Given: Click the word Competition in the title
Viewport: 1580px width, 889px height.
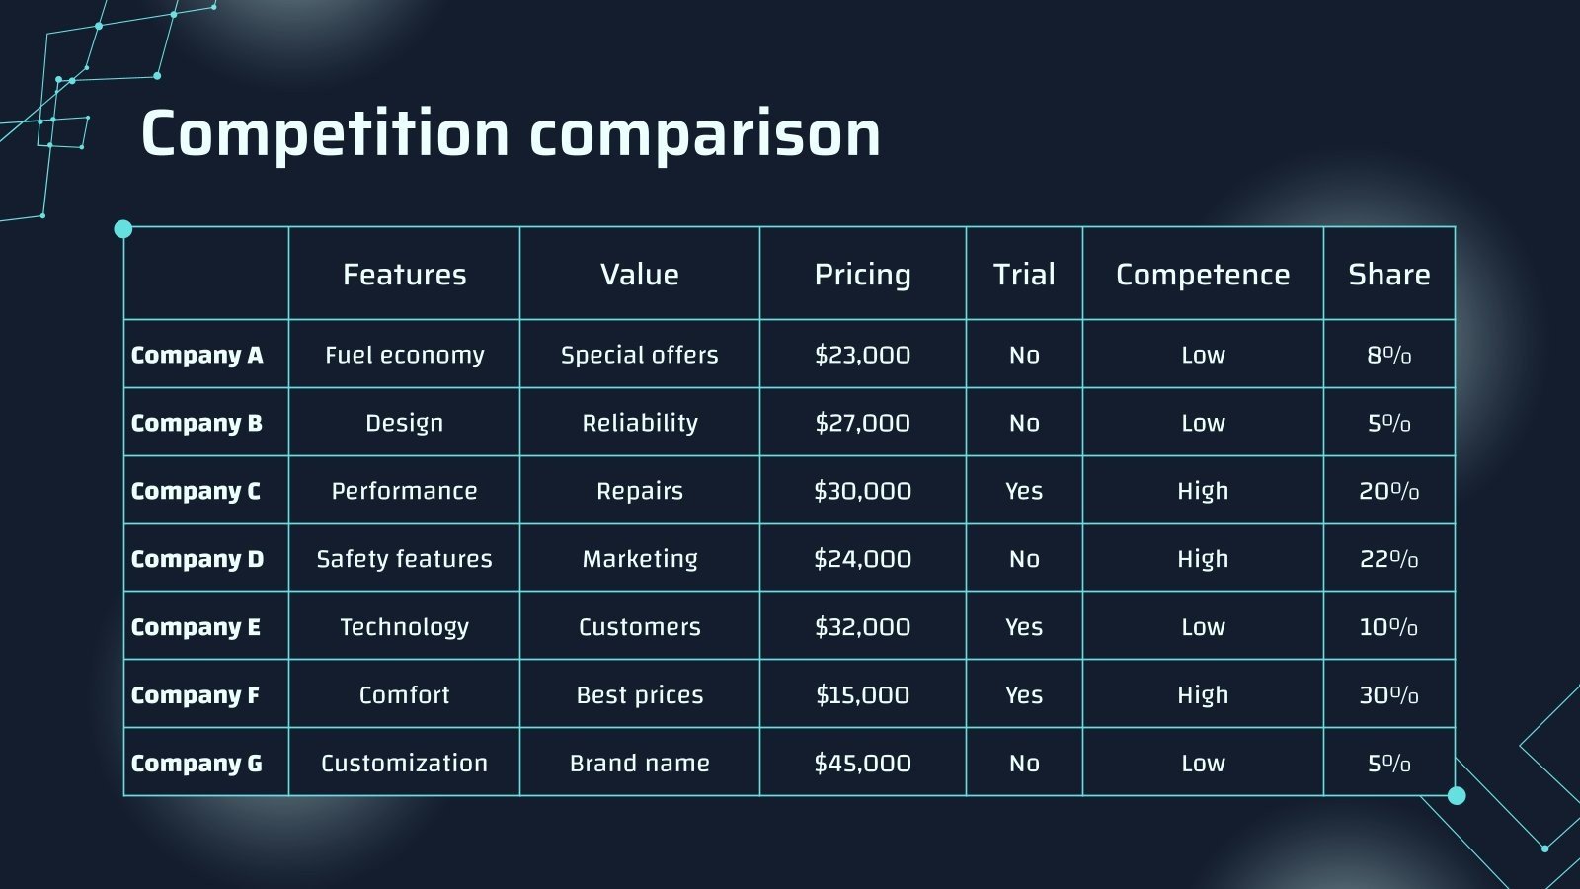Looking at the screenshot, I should pyautogui.click(x=326, y=134).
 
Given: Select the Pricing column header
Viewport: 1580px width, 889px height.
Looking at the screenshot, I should pyautogui.click(x=862, y=275).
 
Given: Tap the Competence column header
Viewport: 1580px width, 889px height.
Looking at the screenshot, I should pyautogui.click(x=1202, y=275).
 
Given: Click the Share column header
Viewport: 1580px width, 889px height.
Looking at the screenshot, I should pyautogui.click(x=1388, y=275).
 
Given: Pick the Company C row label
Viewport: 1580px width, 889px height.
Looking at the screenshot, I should pyautogui.click(x=196, y=491).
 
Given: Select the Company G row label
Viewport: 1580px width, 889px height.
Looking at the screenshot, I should pyautogui.click(x=197, y=764).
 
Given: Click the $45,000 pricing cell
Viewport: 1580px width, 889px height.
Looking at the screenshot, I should pyautogui.click(x=862, y=764).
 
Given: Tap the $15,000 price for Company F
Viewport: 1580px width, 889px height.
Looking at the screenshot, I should pyautogui.click(x=862, y=695).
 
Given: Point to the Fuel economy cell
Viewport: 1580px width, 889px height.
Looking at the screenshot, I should pyautogui.click(x=404, y=355).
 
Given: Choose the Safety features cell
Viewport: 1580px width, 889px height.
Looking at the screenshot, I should pyautogui.click(x=404, y=559).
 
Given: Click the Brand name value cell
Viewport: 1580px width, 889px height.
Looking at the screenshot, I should pyautogui.click(x=639, y=764).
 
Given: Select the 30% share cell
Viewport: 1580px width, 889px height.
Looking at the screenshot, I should pyautogui.click(x=1388, y=695).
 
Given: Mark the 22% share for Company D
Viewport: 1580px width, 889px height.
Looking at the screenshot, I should pyautogui.click(x=1388, y=559).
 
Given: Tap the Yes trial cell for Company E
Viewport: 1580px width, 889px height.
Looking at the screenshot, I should pyautogui.click(x=1024, y=627).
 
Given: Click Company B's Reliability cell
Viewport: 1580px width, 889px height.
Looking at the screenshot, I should pyautogui.click(x=639, y=423).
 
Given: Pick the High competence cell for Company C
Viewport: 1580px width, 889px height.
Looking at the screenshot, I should pyautogui.click(x=1202, y=491).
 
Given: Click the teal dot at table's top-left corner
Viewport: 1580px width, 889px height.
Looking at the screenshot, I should pyautogui.click(x=123, y=229).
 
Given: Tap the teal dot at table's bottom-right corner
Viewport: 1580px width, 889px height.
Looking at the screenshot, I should pyautogui.click(x=1456, y=795).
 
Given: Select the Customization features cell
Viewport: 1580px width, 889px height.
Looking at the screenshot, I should pyautogui.click(x=404, y=764).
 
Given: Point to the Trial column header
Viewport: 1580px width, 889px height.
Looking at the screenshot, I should pyautogui.click(x=1024, y=275).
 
